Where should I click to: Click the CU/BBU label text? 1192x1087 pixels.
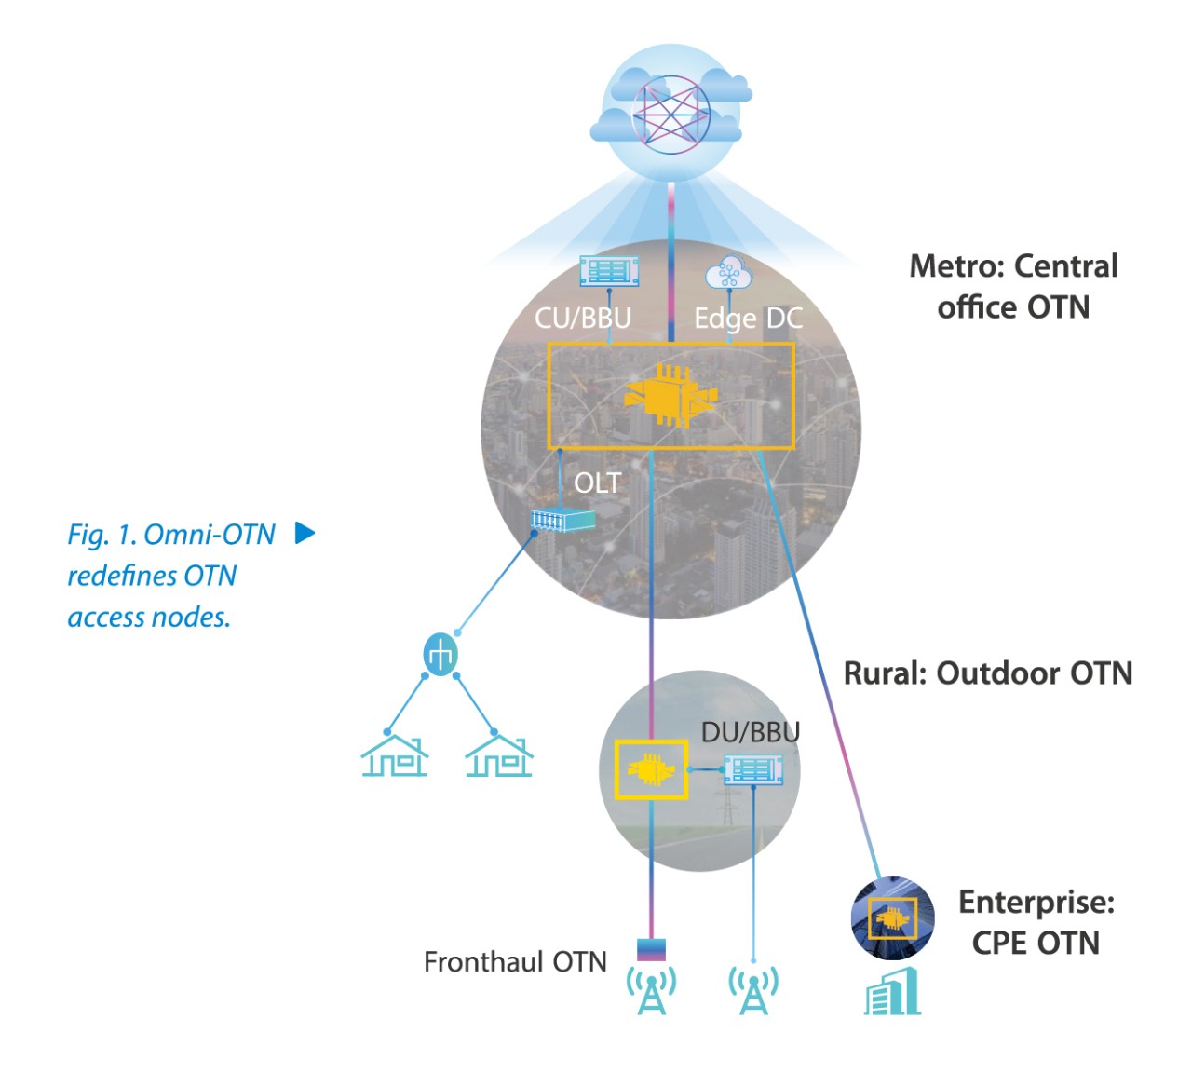(x=583, y=318)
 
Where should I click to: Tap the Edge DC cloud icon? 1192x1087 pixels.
(x=728, y=273)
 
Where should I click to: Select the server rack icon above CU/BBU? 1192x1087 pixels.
(x=609, y=271)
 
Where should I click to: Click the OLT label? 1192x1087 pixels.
(x=597, y=482)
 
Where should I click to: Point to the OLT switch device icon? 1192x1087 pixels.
(x=562, y=520)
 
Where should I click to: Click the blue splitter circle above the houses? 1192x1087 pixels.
(x=440, y=655)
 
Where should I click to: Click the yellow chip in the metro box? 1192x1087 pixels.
(x=670, y=396)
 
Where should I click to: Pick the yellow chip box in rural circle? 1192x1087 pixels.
(x=651, y=769)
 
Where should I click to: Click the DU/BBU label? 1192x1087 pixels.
(x=750, y=732)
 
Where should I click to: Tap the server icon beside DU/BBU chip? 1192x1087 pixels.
(x=753, y=769)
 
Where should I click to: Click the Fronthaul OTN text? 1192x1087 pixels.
(x=515, y=961)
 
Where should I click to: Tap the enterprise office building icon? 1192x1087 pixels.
(x=892, y=992)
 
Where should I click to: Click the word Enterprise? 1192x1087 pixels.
(x=1036, y=902)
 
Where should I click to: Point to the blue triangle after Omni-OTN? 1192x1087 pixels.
(x=305, y=533)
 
